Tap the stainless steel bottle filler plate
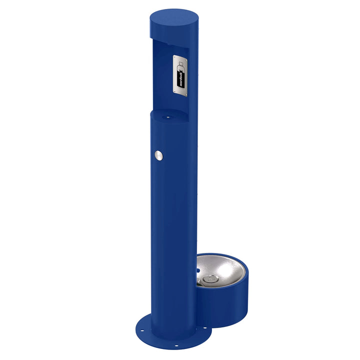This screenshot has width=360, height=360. click(x=181, y=74)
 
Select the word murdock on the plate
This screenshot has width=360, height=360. click(x=180, y=78)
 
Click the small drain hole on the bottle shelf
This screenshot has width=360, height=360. click(x=167, y=117)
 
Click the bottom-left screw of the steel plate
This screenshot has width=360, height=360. click(x=175, y=92)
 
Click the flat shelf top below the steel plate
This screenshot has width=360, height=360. click(x=169, y=114)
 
